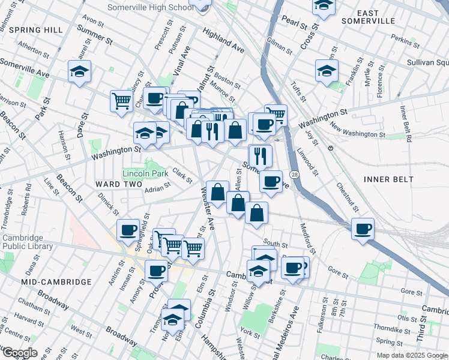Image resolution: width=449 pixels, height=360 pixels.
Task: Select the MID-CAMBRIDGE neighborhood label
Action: pos(56,281)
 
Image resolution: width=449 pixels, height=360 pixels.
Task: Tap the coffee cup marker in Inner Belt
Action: pos(363,229)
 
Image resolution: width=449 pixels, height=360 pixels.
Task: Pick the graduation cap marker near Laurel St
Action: pos(79,71)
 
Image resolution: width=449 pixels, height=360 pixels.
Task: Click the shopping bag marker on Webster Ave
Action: pos(218,192)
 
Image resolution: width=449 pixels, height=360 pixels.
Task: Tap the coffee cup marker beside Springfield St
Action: pos(128,230)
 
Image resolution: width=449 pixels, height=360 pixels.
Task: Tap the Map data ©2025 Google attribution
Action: pos(411,355)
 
